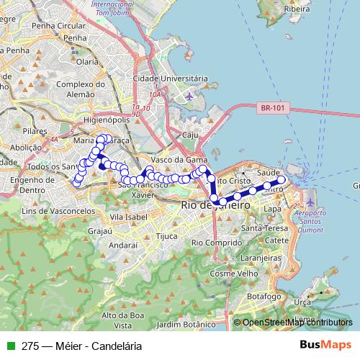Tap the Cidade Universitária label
coord(171,78)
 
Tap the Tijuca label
coord(166,235)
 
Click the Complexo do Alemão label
coord(81,89)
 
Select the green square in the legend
coord(10,346)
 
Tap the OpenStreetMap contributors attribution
coord(297,323)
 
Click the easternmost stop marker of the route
coord(282,180)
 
